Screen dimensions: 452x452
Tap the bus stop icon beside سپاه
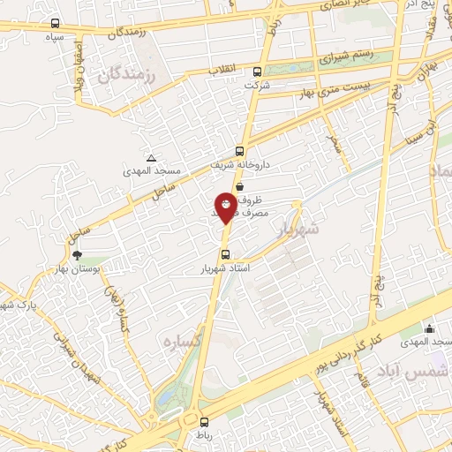click(x=56, y=24)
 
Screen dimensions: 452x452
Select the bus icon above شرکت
click(x=257, y=72)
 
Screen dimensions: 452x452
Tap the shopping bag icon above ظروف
click(x=240, y=174)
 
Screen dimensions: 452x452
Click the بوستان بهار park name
click(x=97, y=268)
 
